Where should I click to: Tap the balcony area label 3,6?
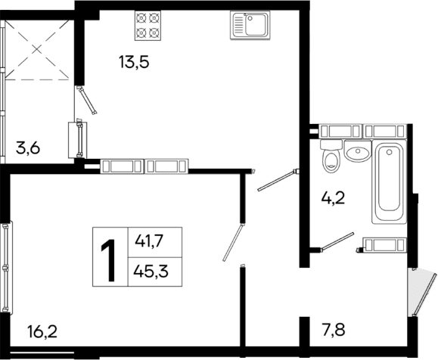28,148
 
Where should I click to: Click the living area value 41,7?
151,241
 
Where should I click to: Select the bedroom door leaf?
233,242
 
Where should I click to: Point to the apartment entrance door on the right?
414,292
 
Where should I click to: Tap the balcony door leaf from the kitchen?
87,101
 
